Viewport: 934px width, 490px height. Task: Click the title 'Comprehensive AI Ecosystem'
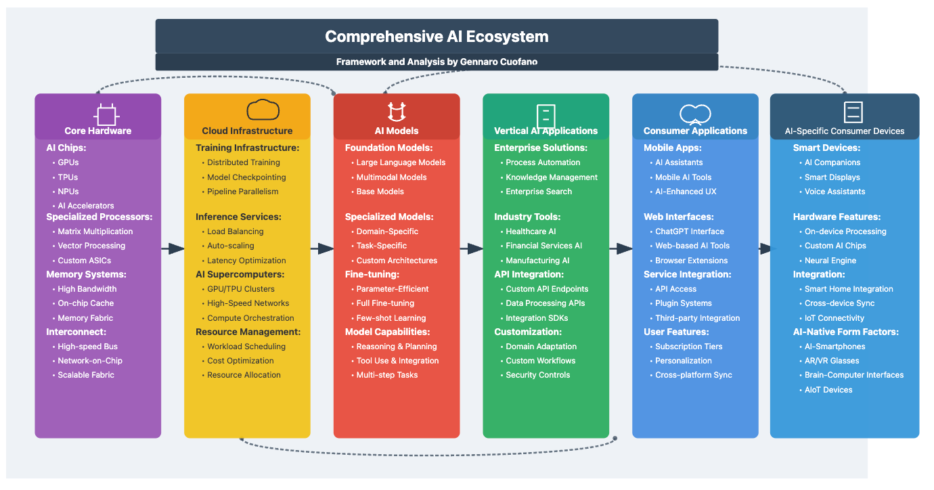pos(437,37)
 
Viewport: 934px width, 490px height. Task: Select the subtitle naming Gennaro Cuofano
pos(437,62)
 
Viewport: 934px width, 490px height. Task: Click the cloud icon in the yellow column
pos(263,110)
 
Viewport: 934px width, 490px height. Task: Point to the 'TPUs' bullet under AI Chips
pos(68,177)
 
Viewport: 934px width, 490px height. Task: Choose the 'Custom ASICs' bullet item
pos(84,261)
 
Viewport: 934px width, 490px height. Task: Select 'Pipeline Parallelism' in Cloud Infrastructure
pos(242,192)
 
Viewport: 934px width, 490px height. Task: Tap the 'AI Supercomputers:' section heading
pos(240,275)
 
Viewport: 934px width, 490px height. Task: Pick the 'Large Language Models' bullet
pos(401,162)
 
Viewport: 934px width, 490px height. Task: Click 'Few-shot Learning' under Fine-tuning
pos(391,318)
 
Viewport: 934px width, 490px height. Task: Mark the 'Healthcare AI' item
pos(531,231)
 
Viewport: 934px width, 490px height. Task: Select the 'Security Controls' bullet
pos(537,375)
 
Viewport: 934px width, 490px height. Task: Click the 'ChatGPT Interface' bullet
pos(689,231)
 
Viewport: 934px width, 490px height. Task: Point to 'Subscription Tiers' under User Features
pos(688,347)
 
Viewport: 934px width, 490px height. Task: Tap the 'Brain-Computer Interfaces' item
pos(853,375)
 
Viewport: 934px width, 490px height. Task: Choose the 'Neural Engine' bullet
pos(830,261)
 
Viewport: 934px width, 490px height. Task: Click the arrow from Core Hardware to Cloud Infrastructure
pos(173,249)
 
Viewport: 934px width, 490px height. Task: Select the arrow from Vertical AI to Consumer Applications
pos(621,249)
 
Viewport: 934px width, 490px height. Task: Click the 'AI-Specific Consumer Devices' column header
pos(844,131)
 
